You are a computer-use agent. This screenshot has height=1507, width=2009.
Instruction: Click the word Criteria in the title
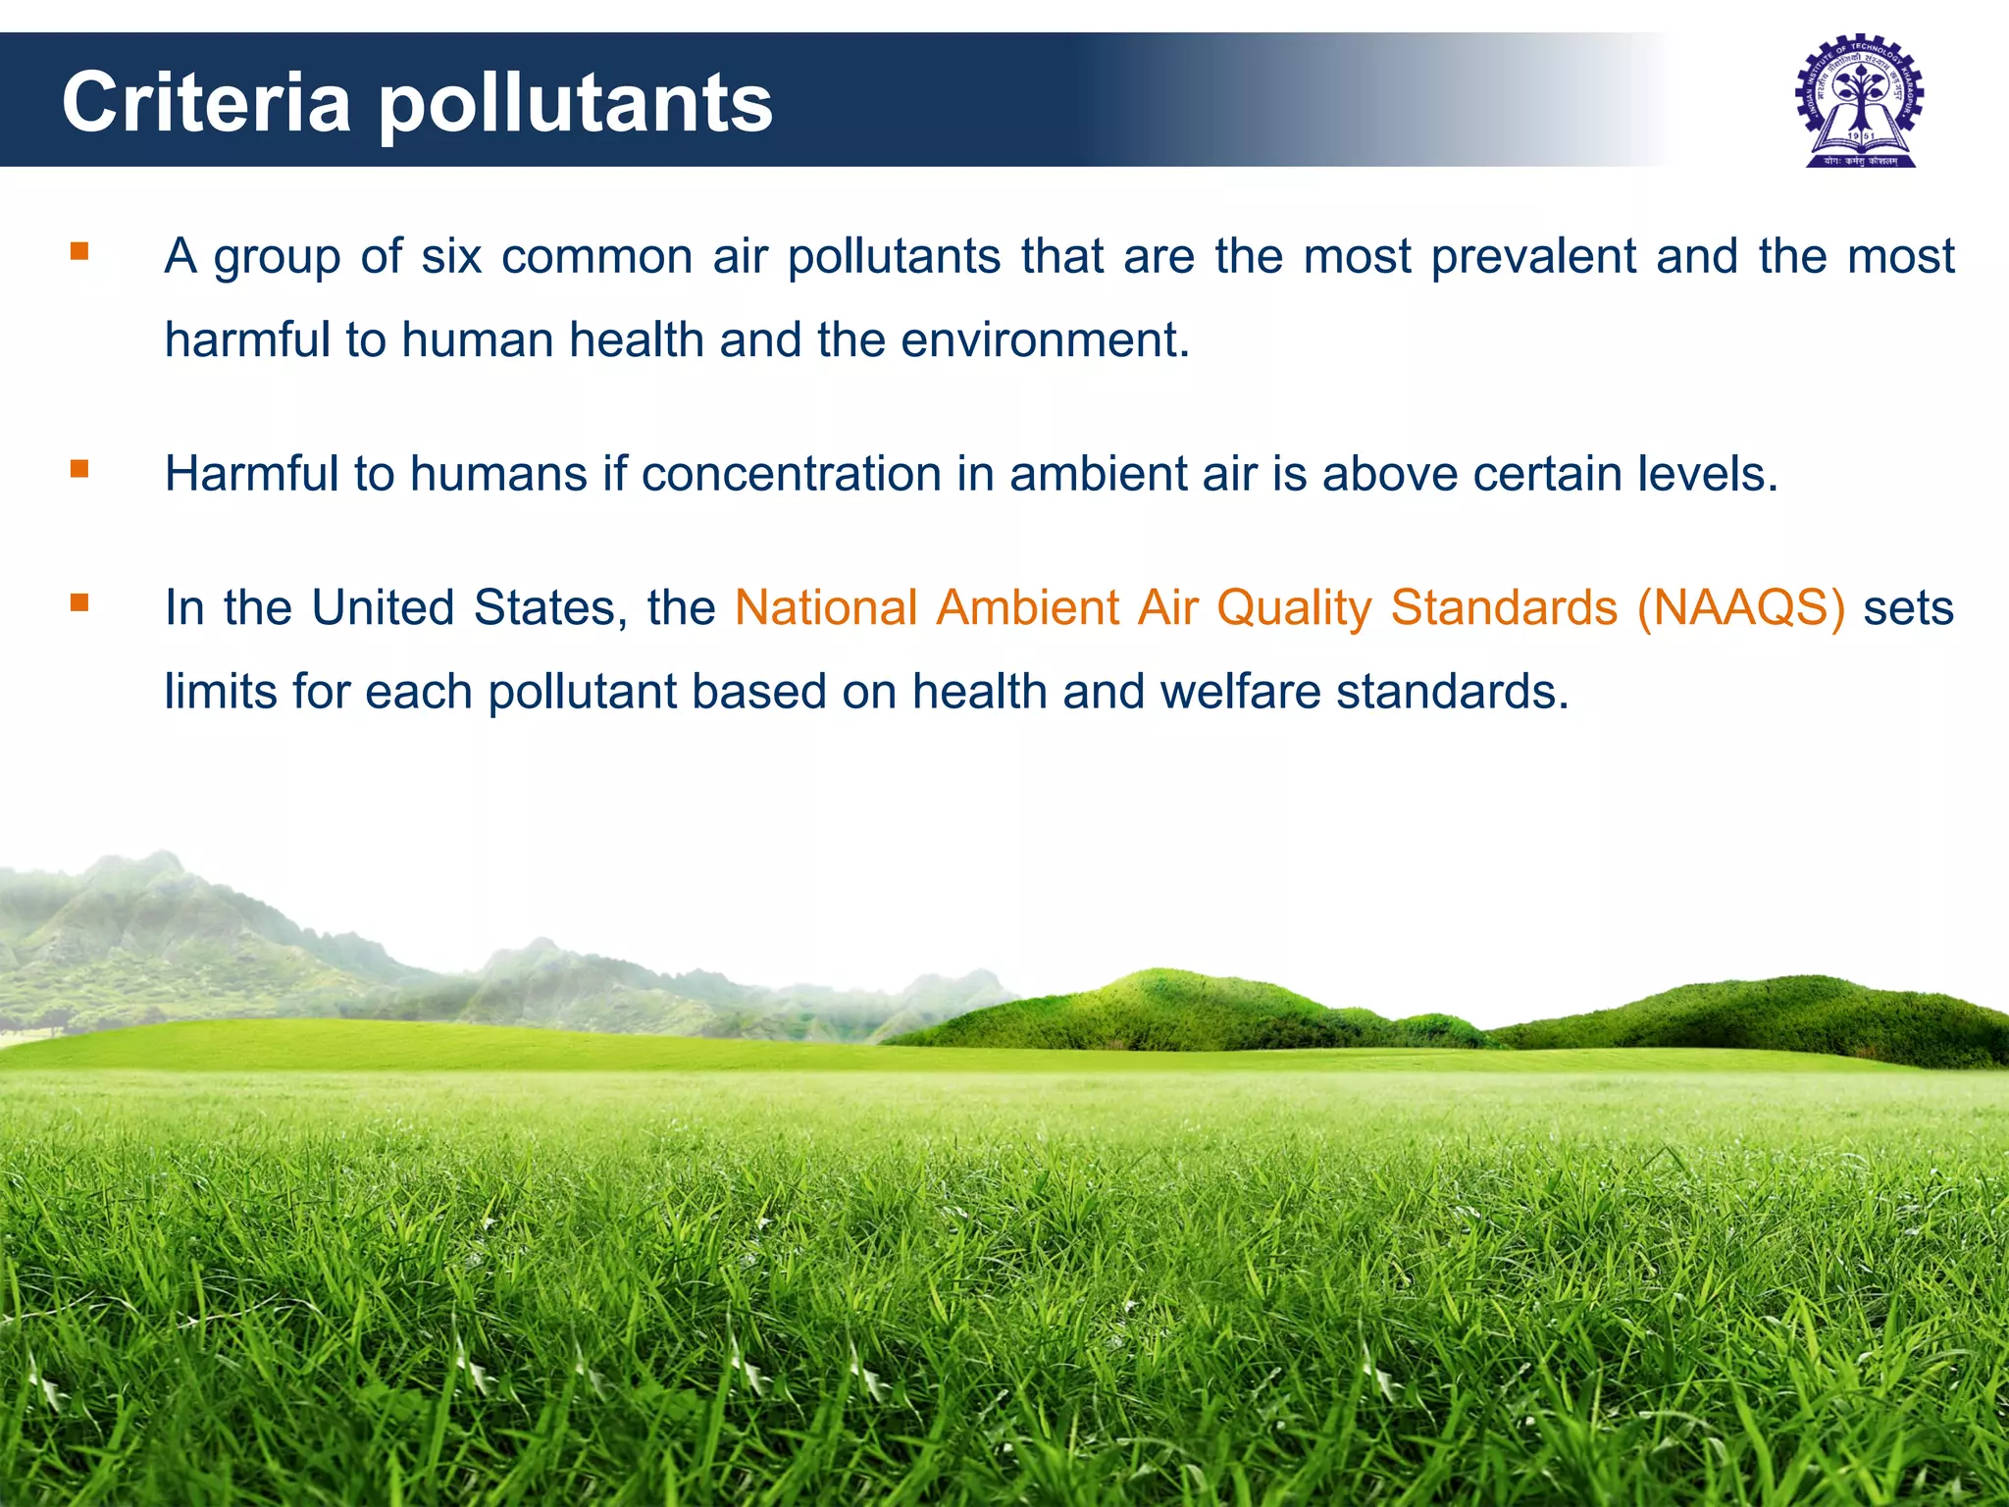coord(206,103)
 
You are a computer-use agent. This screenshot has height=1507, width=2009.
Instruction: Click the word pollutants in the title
coord(576,106)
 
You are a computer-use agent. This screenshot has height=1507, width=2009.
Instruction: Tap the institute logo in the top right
coord(1860,102)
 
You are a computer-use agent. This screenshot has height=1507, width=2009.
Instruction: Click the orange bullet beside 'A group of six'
coord(79,252)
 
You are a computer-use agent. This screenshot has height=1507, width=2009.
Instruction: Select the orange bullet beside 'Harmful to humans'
coord(79,469)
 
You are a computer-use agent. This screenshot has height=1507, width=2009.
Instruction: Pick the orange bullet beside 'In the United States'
coord(79,602)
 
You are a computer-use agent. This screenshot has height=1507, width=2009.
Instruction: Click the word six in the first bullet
coord(451,257)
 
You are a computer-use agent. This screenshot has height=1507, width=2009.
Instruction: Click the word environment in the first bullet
coord(1043,341)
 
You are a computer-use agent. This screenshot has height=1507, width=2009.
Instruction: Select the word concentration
coord(792,474)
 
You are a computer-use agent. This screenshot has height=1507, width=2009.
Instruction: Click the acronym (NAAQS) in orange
coord(1741,608)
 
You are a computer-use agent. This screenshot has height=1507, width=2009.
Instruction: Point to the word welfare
coord(1239,692)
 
